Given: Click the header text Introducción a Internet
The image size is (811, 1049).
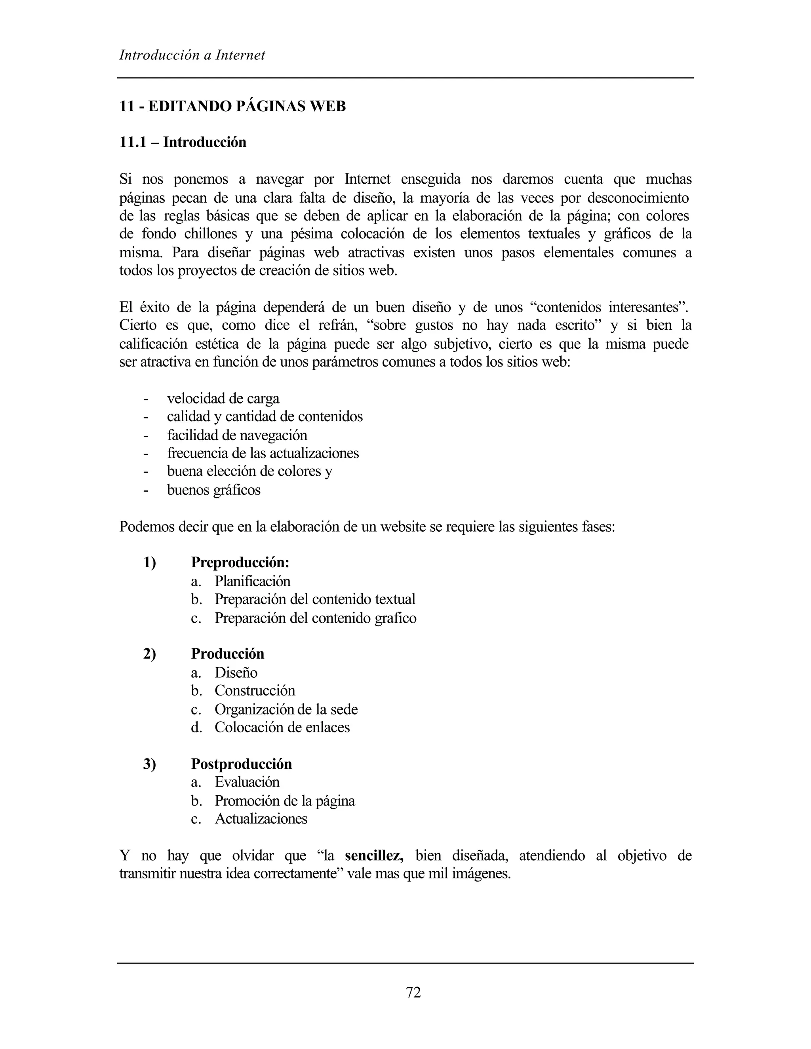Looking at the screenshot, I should click(x=192, y=55).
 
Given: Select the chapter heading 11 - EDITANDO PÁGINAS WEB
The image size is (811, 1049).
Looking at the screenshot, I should click(x=232, y=106).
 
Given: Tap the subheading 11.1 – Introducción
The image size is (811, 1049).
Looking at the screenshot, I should click(x=183, y=142).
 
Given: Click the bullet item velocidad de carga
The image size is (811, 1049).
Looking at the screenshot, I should click(x=223, y=399).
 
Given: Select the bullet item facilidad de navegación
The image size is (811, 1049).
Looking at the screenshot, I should click(x=237, y=435).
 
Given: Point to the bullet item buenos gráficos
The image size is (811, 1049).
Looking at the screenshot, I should click(x=214, y=490).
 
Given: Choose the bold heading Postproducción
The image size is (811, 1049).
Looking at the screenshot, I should click(x=241, y=764).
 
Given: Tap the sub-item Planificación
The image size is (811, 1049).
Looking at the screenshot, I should click(x=252, y=581).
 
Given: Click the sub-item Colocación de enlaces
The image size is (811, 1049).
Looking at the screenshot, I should click(x=282, y=727).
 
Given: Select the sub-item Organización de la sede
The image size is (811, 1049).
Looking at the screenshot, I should click(x=286, y=709).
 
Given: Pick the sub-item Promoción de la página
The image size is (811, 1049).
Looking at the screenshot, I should click(x=284, y=801).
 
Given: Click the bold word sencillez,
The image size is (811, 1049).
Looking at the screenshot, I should click(x=374, y=855).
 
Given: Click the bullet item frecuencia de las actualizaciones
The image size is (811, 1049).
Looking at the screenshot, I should click(x=263, y=453).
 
